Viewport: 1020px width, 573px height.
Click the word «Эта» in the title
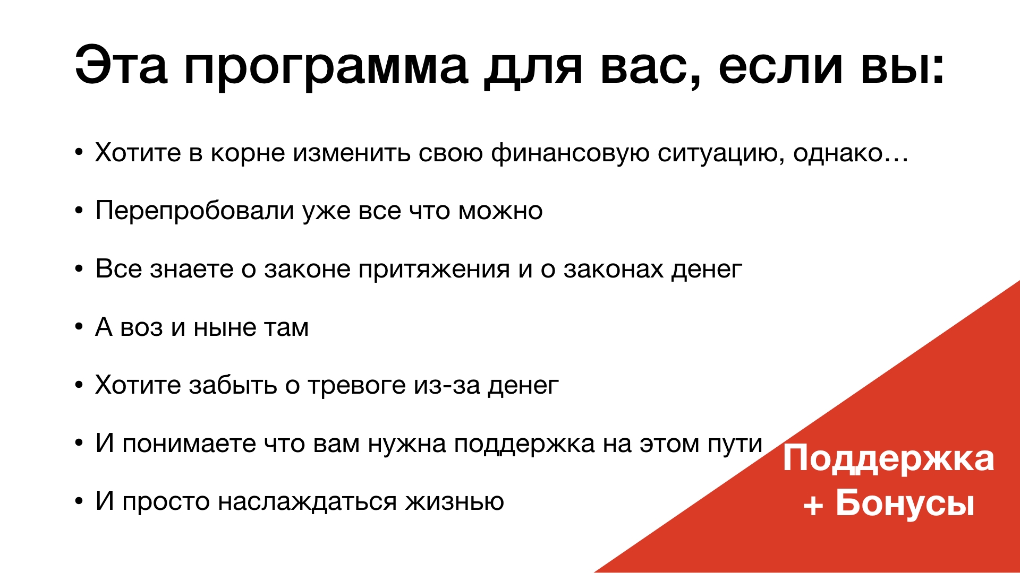point(121,65)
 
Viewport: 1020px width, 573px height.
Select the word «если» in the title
point(780,66)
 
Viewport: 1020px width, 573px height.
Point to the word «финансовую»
point(570,154)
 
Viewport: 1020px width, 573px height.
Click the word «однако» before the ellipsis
point(838,153)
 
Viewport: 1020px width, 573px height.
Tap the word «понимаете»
point(189,445)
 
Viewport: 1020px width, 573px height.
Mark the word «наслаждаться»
point(307,502)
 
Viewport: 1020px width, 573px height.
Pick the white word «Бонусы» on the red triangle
point(905,502)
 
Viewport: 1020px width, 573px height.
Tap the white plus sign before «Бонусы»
point(813,505)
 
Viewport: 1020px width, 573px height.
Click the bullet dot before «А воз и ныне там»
point(79,327)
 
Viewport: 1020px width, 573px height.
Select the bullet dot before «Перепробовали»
point(79,211)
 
